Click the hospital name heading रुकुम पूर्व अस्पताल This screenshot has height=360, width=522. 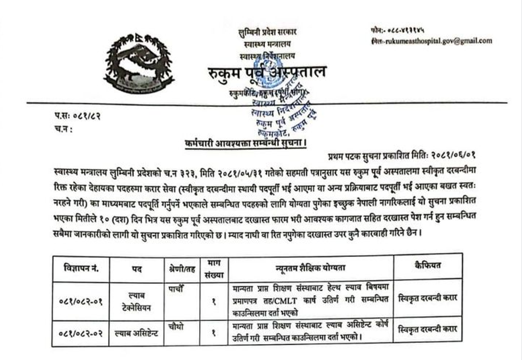(x=267, y=72)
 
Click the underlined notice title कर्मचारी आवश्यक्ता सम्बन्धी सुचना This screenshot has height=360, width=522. (x=244, y=144)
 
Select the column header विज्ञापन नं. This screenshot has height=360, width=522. (x=81, y=269)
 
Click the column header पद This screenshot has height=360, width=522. (x=137, y=269)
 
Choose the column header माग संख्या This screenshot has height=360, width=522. (x=213, y=269)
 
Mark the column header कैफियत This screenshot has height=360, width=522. (x=428, y=265)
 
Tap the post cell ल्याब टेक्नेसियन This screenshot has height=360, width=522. (x=137, y=301)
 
